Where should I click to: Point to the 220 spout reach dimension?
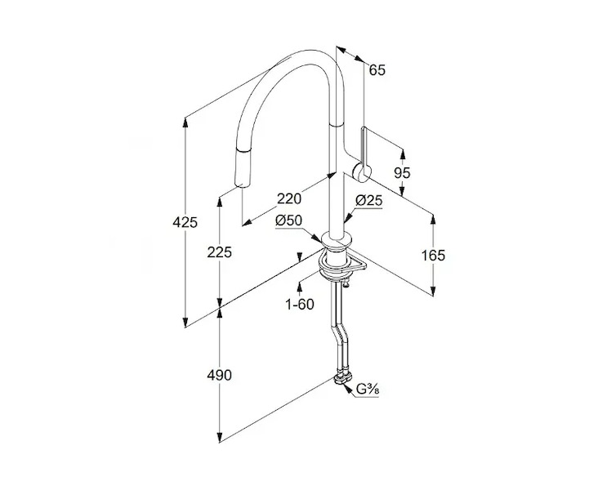(x=290, y=198)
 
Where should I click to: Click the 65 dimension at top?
(x=377, y=69)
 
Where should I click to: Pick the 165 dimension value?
(x=433, y=255)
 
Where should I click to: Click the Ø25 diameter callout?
(x=369, y=201)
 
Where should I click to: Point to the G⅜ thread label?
(x=366, y=390)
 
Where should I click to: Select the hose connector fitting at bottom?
(x=341, y=378)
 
